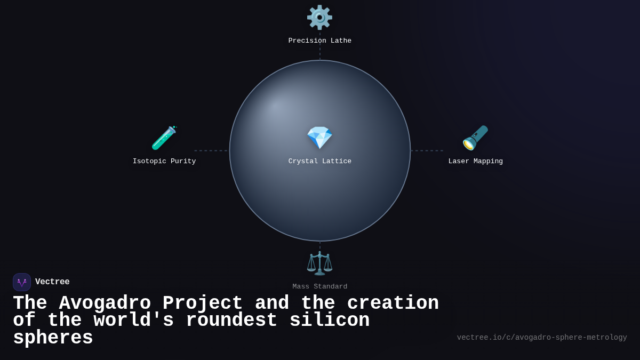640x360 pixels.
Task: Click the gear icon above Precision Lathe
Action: (319, 18)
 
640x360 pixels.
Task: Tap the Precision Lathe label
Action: (320, 41)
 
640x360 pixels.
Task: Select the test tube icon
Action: (164, 138)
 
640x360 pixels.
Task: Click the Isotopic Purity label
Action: (164, 162)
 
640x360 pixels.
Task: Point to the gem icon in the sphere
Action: (319, 138)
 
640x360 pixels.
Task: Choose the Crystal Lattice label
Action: (320, 162)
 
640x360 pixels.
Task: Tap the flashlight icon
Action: (475, 138)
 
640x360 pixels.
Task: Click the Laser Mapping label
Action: (475, 162)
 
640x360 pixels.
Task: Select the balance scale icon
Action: (319, 263)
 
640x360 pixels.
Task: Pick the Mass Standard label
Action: (320, 287)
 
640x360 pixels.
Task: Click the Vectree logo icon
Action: (22, 282)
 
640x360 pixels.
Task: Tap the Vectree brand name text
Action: (52, 282)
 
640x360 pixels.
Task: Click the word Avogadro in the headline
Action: (105, 303)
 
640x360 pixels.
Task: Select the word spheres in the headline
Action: (53, 338)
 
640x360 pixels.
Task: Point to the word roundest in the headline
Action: (231, 321)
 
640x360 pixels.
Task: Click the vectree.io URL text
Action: (542, 338)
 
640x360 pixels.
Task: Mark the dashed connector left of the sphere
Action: (211, 150)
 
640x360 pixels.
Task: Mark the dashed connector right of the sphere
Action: (427, 150)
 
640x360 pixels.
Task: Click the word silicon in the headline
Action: (330, 321)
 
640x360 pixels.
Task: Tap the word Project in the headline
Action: (203, 303)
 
